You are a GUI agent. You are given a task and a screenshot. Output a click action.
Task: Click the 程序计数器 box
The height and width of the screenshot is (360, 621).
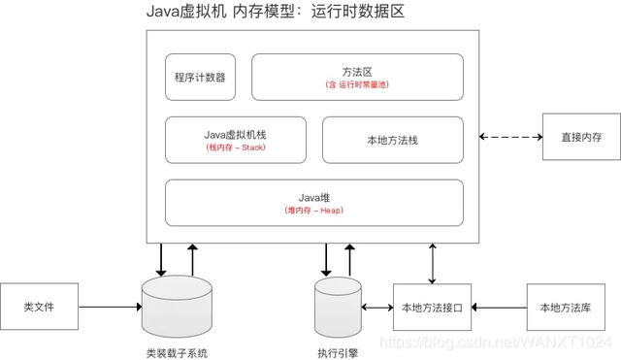point(201,77)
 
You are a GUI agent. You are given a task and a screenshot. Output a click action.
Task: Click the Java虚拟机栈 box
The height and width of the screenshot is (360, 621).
point(235,140)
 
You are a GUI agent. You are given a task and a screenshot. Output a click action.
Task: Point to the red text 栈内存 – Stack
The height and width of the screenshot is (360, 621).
point(235,147)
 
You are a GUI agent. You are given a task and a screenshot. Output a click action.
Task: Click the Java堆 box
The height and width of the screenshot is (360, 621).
point(314,202)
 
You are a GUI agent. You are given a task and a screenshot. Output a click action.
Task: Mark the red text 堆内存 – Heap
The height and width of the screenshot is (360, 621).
point(314,211)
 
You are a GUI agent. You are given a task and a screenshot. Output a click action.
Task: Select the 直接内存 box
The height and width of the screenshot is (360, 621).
point(580,138)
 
